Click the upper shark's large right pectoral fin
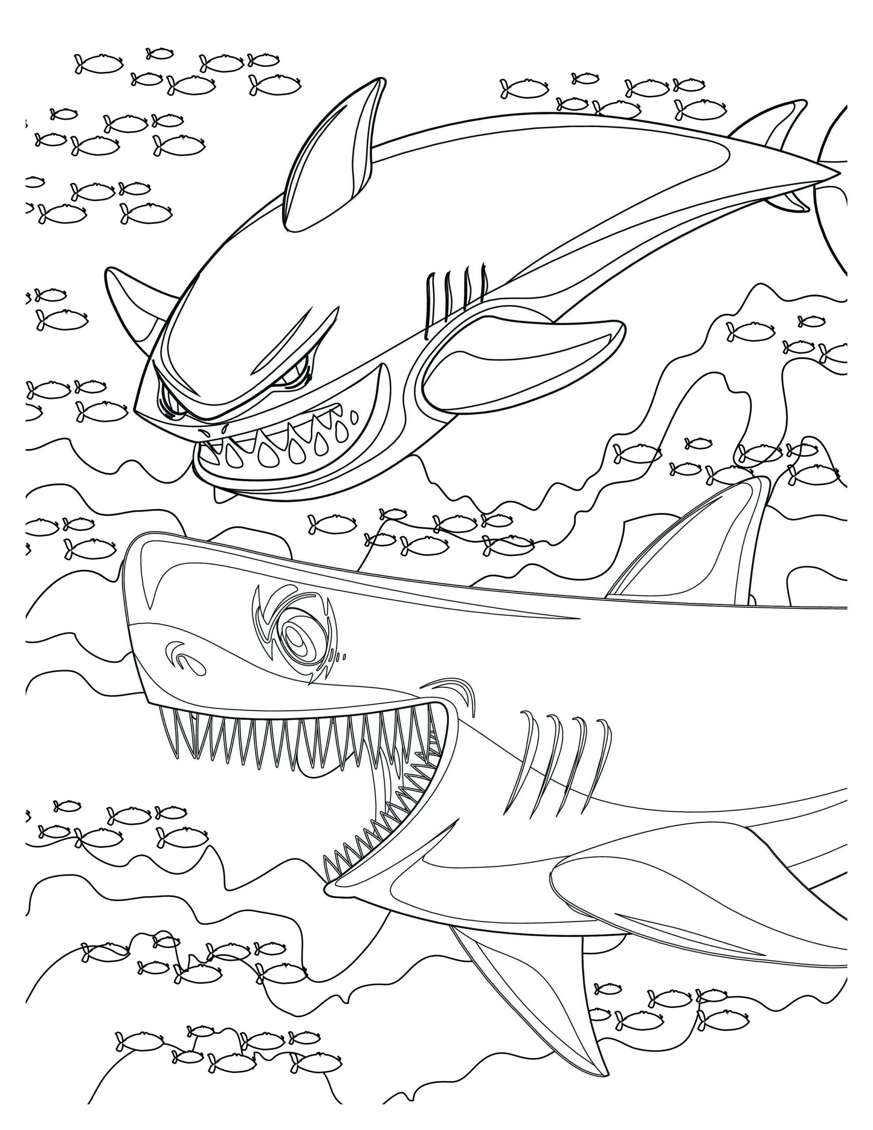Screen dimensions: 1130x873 pyautogui.click(x=523, y=362)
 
